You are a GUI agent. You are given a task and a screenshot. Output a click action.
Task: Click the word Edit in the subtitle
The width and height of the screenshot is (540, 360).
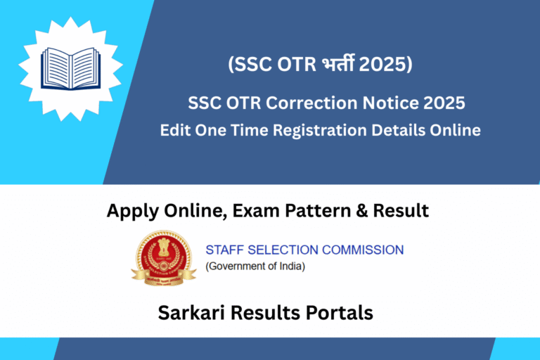[174, 130]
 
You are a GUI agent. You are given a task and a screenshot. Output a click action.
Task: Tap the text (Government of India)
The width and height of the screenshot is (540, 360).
[255, 266]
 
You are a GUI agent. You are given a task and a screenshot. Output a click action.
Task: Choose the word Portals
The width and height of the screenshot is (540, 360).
[340, 313]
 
